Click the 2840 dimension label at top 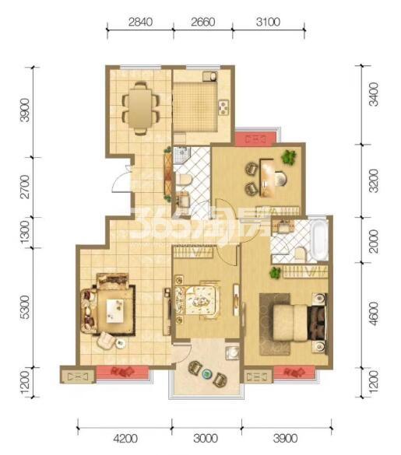click(x=140, y=22)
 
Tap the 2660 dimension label click(x=203, y=22)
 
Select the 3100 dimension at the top click(x=268, y=22)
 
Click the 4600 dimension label click(x=374, y=313)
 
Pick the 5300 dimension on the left click(x=25, y=307)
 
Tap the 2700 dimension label click(x=25, y=187)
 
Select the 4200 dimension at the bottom click(x=125, y=438)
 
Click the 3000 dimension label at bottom click(x=206, y=438)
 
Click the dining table click(x=140, y=108)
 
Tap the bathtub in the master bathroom click(x=320, y=240)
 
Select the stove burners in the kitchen click(x=223, y=107)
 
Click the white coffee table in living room click(x=115, y=310)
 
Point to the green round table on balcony click(x=207, y=373)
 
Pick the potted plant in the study click(x=289, y=157)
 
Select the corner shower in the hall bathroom click(x=182, y=154)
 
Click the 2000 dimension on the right click(x=374, y=241)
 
